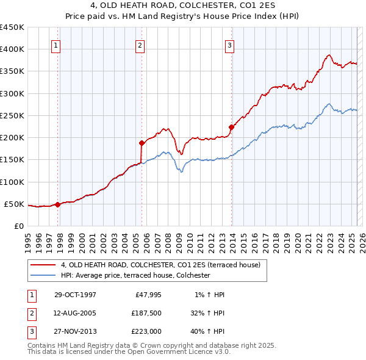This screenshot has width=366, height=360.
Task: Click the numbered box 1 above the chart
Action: [56, 45]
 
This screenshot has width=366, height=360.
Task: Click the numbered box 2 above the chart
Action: [140, 45]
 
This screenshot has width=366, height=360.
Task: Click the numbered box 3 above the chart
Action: [230, 45]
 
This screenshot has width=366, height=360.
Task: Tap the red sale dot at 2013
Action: [232, 128]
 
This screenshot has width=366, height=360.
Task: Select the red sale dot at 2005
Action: [142, 143]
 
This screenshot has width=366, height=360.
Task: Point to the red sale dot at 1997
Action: [58, 204]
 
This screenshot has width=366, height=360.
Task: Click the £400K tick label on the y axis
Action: [12, 49]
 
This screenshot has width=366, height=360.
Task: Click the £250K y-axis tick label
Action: [12, 115]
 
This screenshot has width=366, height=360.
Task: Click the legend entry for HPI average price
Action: [135, 275]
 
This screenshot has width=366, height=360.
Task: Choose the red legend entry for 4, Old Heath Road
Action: [160, 265]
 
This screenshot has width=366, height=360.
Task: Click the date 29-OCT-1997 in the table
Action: [75, 295]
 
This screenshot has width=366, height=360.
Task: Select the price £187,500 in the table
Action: [146, 313]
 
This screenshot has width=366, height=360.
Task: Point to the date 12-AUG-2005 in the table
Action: [75, 313]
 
